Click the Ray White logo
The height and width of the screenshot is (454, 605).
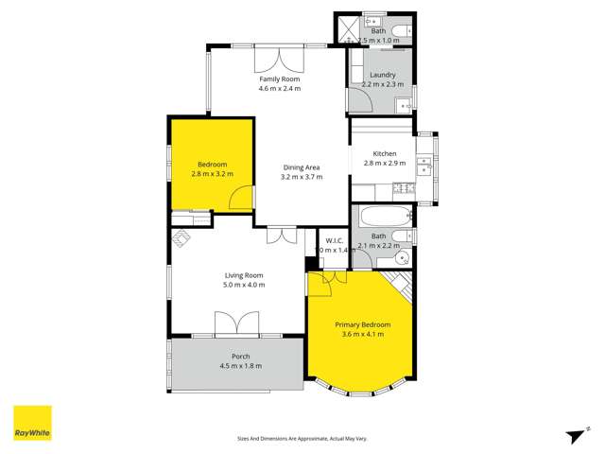click(32, 423)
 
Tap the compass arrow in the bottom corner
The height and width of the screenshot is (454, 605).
click(574, 434)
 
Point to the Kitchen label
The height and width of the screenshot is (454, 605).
click(384, 153)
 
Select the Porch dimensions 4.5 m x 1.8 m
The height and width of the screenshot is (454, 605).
click(240, 366)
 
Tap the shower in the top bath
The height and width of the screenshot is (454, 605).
click(349, 28)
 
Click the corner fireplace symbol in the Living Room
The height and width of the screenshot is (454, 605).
click(180, 238)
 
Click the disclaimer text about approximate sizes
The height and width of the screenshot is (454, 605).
click(302, 438)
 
